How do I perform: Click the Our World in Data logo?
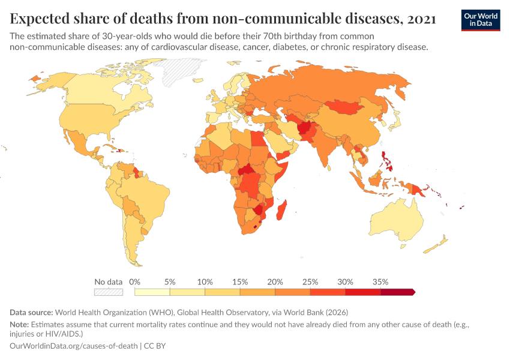480,20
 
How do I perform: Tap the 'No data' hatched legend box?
108,292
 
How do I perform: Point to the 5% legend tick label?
170,281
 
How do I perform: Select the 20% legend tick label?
275,281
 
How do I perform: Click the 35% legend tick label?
380,281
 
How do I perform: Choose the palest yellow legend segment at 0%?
152,292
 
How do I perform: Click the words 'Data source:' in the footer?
32,313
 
